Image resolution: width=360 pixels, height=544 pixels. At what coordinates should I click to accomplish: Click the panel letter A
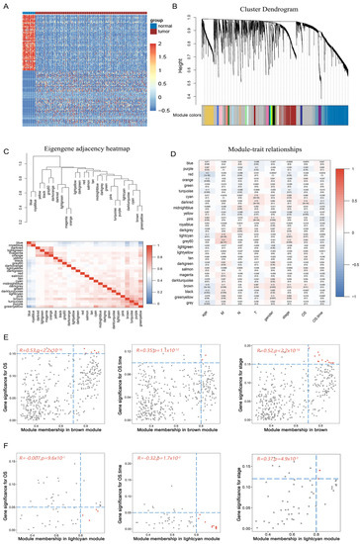pyautogui.click(x=5, y=5)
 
